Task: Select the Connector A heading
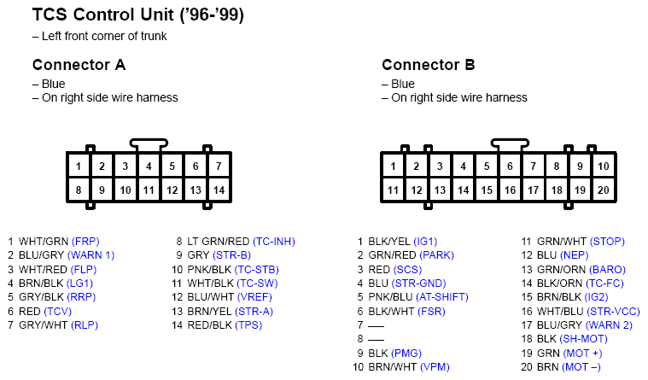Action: tap(79, 65)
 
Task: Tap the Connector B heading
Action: tap(429, 65)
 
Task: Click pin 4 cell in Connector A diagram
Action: tap(149, 166)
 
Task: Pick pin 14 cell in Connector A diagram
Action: tap(219, 190)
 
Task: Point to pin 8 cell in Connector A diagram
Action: tap(79, 190)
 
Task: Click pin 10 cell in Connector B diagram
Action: tap(604, 166)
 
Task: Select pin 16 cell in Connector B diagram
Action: tap(510, 190)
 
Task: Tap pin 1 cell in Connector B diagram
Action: tap(393, 166)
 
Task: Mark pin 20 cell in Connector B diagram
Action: tap(604, 190)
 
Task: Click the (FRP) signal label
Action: tap(85, 242)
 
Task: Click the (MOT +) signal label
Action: tap(582, 353)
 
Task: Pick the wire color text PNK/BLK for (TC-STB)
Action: tap(212, 269)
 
